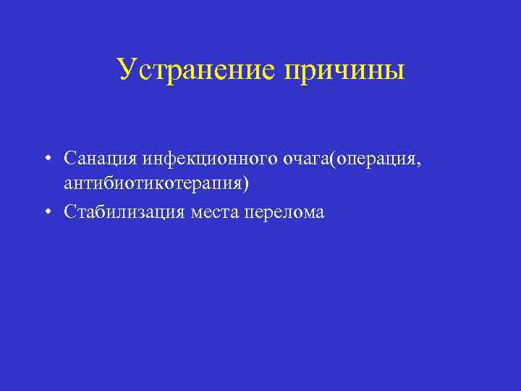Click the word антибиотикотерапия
tap(153, 184)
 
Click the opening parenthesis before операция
tap(331, 158)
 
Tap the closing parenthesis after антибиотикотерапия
tap(246, 184)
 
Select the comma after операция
tap(418, 162)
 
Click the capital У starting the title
tap(125, 70)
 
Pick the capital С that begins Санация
tap(69, 157)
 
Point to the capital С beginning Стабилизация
tap(69, 211)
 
